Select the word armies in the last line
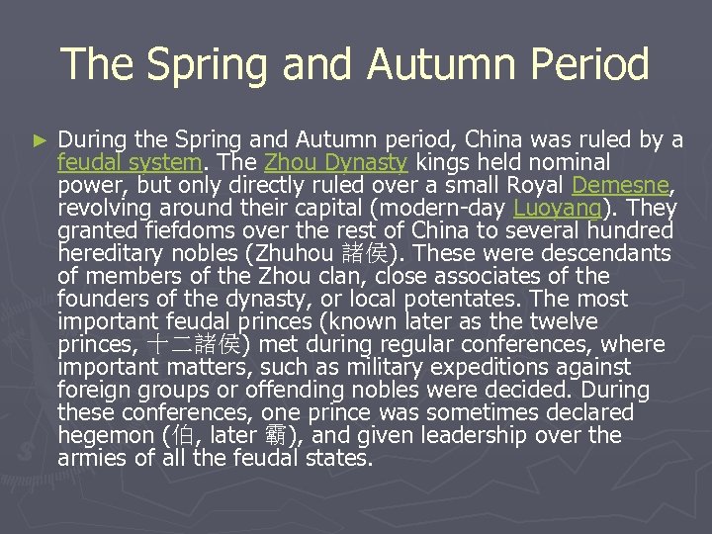pyautogui.click(x=90, y=458)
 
